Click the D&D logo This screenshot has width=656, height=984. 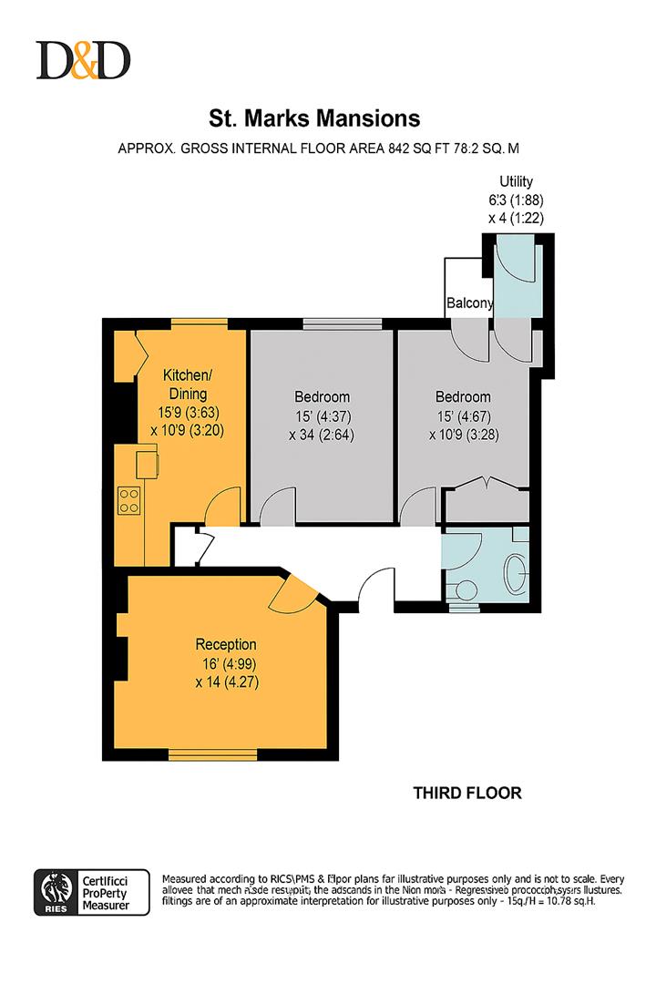tap(83, 60)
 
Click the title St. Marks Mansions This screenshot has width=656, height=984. tap(314, 118)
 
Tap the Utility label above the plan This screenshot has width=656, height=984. tap(516, 181)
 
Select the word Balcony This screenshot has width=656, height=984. tap(469, 303)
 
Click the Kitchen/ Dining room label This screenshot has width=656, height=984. tap(187, 384)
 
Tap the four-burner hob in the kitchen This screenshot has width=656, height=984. tap(129, 499)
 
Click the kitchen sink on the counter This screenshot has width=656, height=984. tap(147, 464)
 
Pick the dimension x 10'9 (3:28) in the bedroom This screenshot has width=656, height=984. tap(463, 434)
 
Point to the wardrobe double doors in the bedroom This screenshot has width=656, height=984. tap(485, 487)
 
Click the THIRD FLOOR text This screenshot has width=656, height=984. tap(467, 793)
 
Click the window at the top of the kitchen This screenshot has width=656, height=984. tap(199, 323)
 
